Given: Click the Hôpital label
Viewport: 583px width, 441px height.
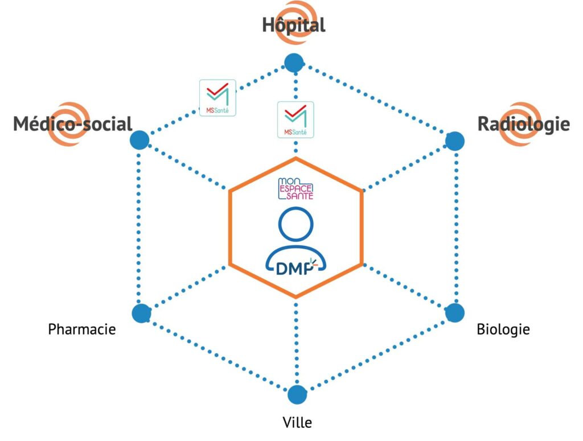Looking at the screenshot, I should [293, 25].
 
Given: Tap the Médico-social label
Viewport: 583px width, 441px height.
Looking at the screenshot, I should [73, 123].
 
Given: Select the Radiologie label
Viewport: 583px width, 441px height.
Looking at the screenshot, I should [523, 123].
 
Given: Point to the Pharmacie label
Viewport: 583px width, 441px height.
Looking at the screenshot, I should [82, 329].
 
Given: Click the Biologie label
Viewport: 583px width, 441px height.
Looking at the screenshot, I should [503, 329].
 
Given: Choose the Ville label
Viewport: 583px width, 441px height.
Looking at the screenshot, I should [297, 422].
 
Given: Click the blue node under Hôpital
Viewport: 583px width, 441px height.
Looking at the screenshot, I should [294, 63].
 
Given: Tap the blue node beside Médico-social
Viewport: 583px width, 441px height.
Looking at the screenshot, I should [139, 140].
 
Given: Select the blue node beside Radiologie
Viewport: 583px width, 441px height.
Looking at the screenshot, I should [454, 141].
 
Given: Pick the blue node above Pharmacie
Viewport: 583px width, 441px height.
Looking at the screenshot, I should [141, 313].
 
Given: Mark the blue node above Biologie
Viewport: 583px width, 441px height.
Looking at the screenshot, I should [454, 313].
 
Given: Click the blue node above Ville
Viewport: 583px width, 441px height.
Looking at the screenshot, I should [297, 394].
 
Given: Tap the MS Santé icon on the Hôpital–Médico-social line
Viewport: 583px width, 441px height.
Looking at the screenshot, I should [217, 98].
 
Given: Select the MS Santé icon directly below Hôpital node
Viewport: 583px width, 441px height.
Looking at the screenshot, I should [295, 119].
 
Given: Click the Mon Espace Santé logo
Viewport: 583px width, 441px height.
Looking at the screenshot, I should [295, 188].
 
